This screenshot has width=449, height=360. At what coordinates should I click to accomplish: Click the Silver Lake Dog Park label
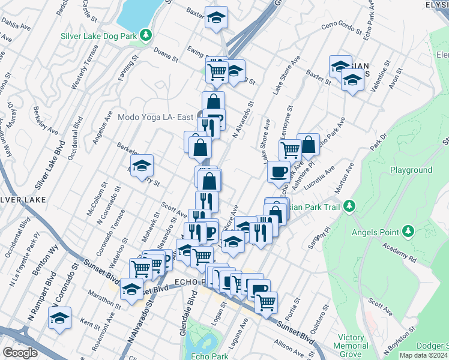[98, 35]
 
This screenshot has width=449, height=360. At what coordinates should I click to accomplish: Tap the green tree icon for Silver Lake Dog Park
[146, 35]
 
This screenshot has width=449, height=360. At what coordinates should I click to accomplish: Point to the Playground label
[411, 170]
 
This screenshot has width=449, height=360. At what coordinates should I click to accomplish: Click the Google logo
[20, 352]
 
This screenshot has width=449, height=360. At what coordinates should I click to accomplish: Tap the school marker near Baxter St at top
[216, 18]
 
